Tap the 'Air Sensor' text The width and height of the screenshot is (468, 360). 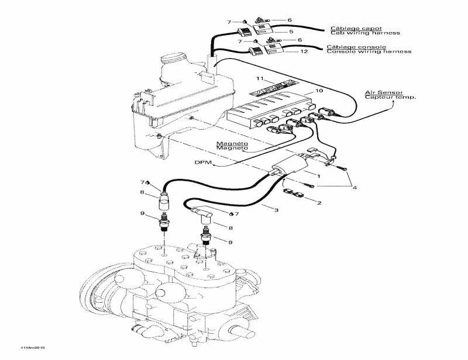pos(378,92)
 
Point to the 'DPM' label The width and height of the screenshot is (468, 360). pos(201,162)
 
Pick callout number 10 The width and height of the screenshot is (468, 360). pos(319,91)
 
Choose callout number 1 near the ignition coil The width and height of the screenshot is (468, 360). pos(319,175)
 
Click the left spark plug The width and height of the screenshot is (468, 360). pos(165,223)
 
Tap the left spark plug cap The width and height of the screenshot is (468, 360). pos(164,202)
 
